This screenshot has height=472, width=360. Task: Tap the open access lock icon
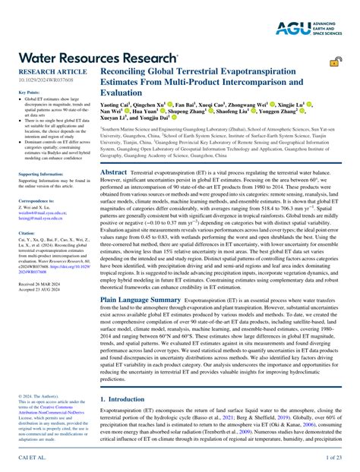[x=334, y=61]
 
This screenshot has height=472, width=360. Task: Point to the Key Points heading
[x=30, y=93]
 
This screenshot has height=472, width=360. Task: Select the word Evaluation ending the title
[x=123, y=93]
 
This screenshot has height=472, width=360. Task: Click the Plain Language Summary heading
[x=141, y=301]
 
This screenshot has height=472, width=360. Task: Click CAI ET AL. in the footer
[x=30, y=458]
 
